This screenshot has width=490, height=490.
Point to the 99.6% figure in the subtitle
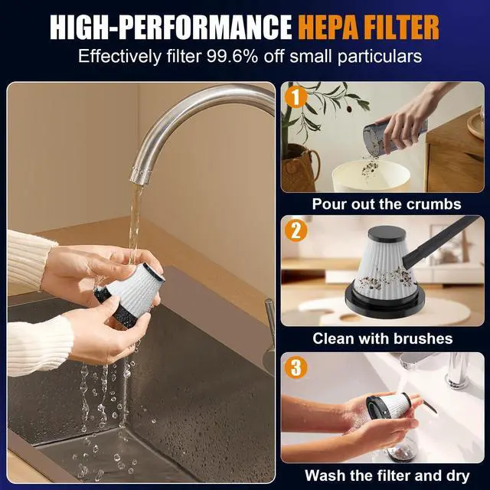coord(232,56)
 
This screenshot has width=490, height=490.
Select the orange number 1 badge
coord(296,97)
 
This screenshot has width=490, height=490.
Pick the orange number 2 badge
coord(296,231)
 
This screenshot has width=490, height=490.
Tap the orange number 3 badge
coord(296,367)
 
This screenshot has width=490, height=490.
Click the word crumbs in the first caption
coord(434,204)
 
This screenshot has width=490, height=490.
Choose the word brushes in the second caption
coord(421,338)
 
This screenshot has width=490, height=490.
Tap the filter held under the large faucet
coord(131,294)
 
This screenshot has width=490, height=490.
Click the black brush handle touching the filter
coord(441,240)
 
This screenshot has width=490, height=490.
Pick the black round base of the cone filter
coord(385,301)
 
